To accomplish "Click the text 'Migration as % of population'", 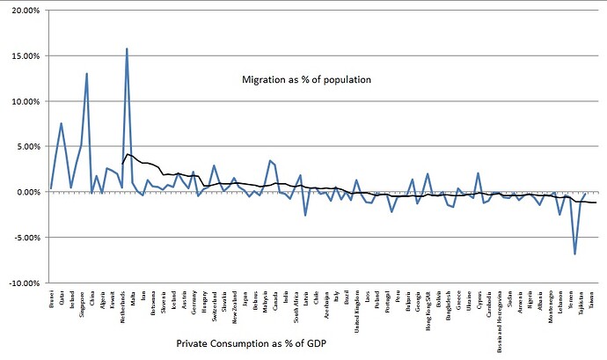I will tap(306, 80).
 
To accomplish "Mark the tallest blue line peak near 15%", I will tap(128, 49).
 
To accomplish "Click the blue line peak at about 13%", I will tap(86, 74).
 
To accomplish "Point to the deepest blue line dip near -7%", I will tap(575, 253).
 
